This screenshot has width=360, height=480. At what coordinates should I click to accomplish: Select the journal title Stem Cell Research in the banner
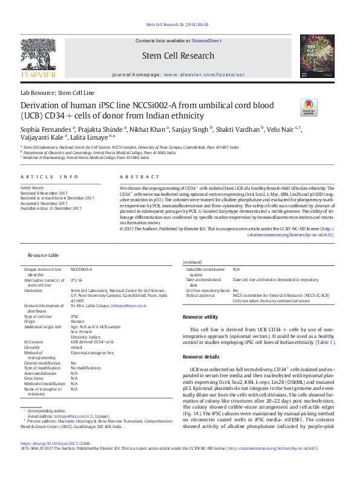177,56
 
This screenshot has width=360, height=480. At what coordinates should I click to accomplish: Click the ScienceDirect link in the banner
206,40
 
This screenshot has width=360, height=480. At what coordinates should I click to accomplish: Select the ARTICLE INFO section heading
50,177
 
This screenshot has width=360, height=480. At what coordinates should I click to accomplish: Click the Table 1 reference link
324,343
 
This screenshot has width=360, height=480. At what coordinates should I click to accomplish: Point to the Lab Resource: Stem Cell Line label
57,93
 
